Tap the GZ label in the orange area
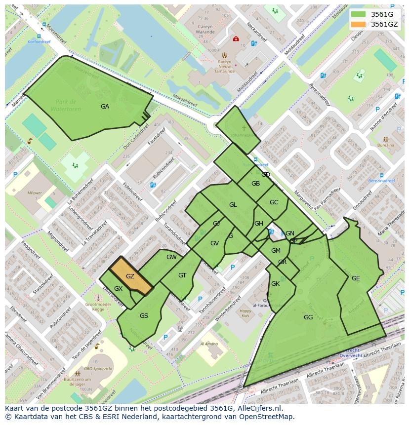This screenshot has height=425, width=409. point(130,276)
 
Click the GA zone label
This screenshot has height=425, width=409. point(105,107)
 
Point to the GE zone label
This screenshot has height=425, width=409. point(356,278)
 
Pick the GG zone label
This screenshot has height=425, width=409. point(308,317)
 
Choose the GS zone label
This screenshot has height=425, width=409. point(144,316)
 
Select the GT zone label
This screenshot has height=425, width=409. point(182,275)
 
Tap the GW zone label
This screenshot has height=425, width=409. point(171,257)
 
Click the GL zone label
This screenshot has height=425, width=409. point(233,205)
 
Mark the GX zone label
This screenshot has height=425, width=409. point(118,289)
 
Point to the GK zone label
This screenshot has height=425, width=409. point(276,284)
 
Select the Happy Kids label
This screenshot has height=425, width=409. point(245,313)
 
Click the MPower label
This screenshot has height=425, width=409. point(35,193)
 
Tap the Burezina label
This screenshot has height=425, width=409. point(386,145)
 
